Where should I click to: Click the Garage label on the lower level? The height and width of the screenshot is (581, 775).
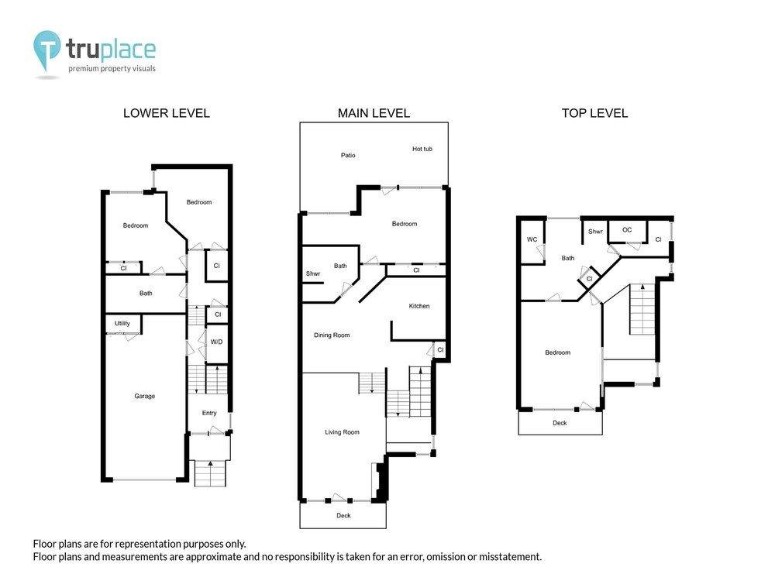[144, 396]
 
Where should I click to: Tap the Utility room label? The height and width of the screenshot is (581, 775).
[122, 324]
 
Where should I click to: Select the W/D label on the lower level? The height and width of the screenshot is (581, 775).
[216, 342]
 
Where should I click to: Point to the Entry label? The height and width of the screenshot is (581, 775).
[209, 413]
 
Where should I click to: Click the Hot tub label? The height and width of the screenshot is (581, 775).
[422, 149]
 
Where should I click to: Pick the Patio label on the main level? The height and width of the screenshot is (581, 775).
[348, 155]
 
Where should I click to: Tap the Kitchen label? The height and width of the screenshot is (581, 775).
[419, 306]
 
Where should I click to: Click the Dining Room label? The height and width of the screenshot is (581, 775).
[332, 335]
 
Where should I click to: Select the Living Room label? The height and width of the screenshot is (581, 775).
[342, 432]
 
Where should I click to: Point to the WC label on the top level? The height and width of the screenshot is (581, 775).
[532, 239]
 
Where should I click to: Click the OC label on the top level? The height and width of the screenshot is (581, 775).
[627, 230]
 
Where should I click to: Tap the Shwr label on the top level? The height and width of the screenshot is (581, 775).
[595, 231]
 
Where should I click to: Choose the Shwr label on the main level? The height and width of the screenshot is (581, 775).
[313, 273]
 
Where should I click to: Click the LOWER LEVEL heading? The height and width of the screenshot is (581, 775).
[167, 113]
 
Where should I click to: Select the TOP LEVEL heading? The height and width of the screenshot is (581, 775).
[594, 113]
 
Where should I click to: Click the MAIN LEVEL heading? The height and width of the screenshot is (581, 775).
[374, 113]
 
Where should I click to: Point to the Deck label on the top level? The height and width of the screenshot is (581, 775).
[560, 423]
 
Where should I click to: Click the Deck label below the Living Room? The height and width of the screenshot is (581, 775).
[343, 515]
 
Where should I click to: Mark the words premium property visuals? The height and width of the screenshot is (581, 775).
[112, 69]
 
